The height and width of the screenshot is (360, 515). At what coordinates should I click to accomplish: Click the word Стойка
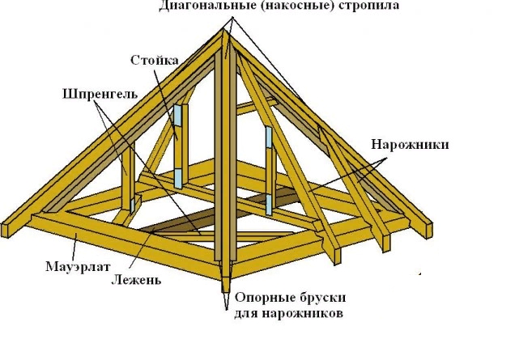click(x=150, y=61)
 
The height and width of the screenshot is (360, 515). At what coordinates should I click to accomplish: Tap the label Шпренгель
click(x=97, y=92)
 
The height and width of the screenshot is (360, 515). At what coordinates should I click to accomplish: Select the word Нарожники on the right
click(x=410, y=145)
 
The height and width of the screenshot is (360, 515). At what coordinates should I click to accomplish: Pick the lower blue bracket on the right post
click(x=268, y=203)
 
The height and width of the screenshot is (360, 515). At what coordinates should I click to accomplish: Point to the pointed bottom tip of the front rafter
click(x=224, y=289)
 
